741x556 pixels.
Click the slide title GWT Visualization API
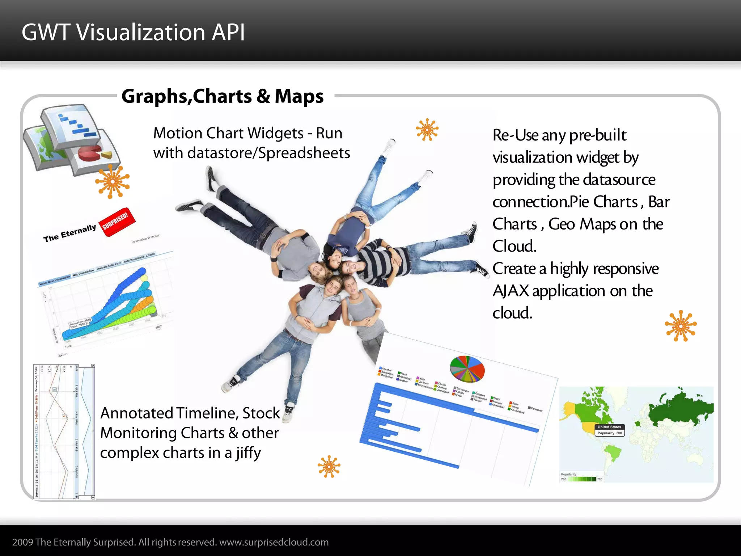(133, 32)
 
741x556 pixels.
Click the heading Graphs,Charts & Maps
(223, 96)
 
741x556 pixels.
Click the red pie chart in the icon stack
(90, 154)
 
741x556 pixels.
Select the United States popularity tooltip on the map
(610, 430)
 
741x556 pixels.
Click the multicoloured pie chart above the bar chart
(467, 369)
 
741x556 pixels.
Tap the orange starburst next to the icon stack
(112, 182)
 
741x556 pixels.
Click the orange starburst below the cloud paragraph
(681, 326)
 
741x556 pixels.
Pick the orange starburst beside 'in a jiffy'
(329, 466)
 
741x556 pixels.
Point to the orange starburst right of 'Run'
(427, 129)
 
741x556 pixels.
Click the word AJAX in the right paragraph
(511, 291)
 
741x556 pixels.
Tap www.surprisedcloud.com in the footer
(274, 542)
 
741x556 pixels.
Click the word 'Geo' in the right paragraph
(562, 224)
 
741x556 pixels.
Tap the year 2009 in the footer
(23, 542)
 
